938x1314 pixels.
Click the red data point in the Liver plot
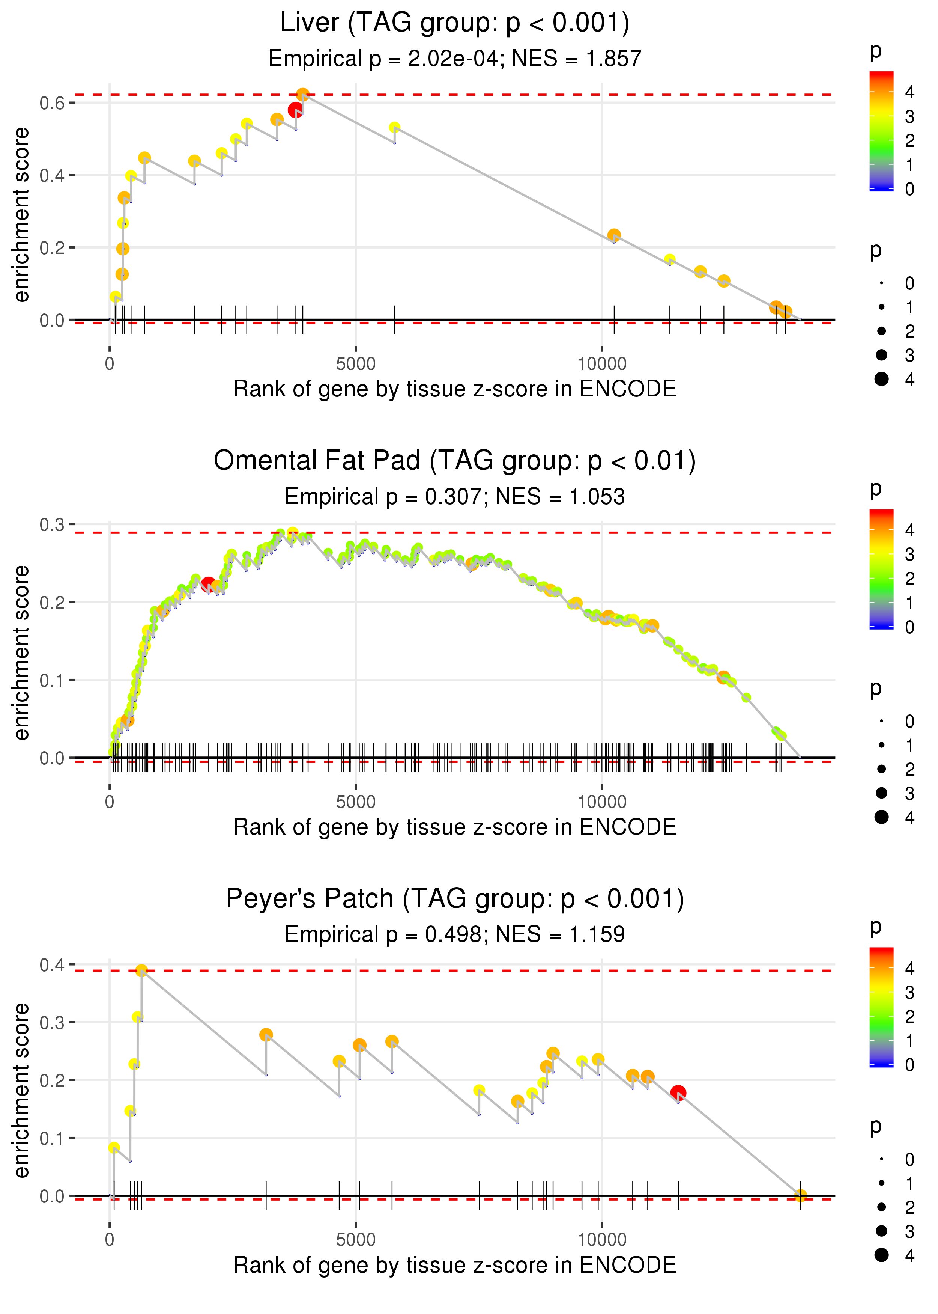coord(296,110)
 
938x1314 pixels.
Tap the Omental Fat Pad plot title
coord(455,461)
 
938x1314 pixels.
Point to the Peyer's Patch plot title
coord(455,898)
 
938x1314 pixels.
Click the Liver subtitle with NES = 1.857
coord(455,58)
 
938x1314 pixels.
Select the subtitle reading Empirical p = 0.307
coord(455,496)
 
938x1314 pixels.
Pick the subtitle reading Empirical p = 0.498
coord(455,934)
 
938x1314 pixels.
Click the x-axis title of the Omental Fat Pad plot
coord(455,827)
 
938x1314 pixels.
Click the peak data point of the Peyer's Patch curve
coord(141,971)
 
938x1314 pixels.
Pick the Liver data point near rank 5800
coord(394,128)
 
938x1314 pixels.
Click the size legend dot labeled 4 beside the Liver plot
coord(881,379)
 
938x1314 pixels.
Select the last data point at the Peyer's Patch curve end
coord(801,1195)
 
